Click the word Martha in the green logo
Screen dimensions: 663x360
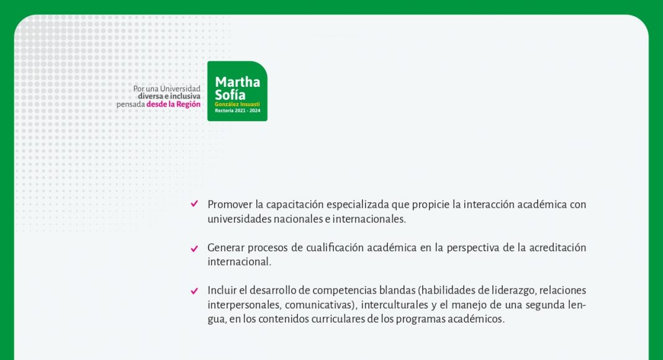point(237,81)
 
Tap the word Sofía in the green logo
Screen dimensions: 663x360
point(230,94)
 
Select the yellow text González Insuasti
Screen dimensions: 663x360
point(237,104)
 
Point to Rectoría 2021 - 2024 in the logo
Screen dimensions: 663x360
point(238,110)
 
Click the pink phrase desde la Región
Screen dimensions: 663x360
point(173,104)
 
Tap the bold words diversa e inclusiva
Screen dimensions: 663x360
point(169,96)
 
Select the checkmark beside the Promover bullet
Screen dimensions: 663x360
point(194,204)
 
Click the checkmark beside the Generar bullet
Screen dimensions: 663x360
point(194,248)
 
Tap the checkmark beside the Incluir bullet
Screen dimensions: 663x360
point(194,290)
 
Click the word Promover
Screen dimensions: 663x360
point(230,204)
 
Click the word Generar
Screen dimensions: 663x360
point(225,248)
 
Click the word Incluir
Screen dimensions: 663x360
point(222,290)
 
